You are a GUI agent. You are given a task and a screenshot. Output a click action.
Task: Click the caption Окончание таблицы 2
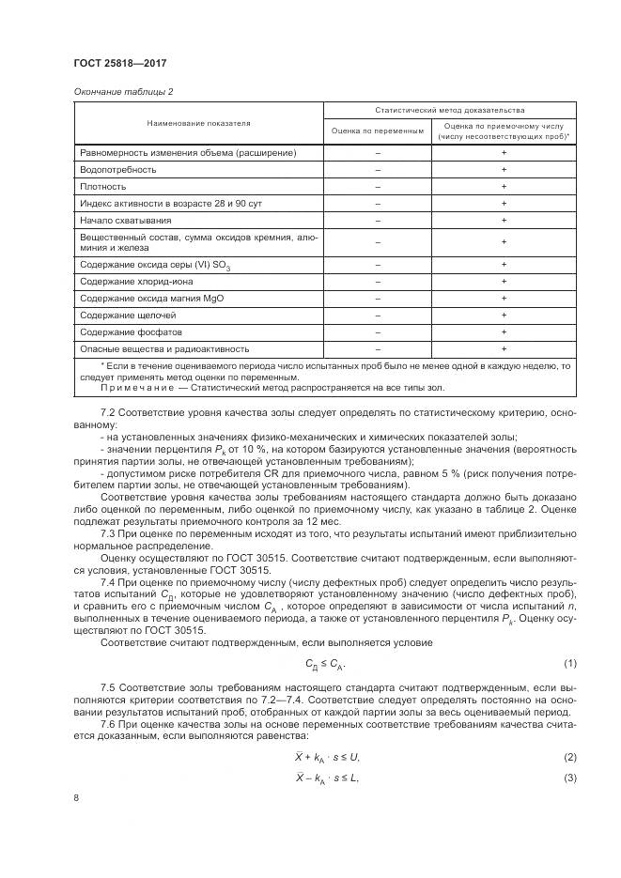(123, 91)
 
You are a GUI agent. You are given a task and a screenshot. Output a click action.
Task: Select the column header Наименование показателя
(198, 123)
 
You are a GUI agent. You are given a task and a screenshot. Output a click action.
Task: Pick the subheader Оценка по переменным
(378, 131)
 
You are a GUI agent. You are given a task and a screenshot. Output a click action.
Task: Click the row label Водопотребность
(118, 169)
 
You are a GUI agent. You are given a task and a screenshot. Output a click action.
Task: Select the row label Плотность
(103, 186)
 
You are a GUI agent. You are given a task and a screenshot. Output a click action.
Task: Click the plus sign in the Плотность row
(505, 186)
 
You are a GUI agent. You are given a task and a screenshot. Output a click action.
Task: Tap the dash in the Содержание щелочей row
(378, 315)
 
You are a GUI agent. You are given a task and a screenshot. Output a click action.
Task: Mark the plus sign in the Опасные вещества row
(505, 348)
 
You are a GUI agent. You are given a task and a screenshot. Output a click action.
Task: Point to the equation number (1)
(569, 663)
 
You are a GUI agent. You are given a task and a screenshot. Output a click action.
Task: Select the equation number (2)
(569, 756)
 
